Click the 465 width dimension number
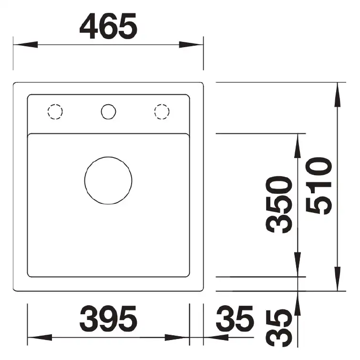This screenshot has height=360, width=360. point(108,26)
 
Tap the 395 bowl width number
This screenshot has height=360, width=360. point(108,319)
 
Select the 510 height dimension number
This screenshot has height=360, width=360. point(319,186)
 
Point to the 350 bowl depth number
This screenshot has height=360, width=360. point(279,205)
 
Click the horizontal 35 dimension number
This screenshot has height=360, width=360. point(235,319)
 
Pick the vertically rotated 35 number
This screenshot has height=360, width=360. point(279,329)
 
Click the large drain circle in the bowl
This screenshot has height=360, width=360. point(108,157)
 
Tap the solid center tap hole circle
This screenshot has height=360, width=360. point(109,104)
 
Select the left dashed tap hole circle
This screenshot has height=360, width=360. point(55,104)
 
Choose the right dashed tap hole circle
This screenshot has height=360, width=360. point(162,104)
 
